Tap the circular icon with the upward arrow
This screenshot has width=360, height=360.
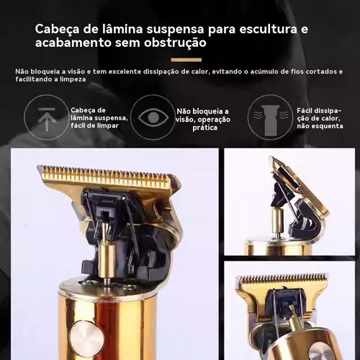point(47,117)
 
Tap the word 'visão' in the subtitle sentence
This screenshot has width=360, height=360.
point(74,71)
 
